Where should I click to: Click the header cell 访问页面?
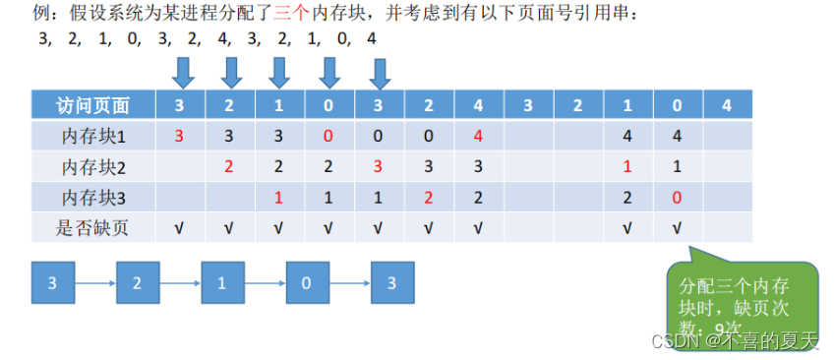93,105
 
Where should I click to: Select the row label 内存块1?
93,136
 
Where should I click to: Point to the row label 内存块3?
93,198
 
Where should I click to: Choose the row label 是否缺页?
93,228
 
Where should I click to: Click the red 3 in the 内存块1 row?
179,136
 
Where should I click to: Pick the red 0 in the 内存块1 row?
328,136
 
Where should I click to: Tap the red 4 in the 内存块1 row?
478,136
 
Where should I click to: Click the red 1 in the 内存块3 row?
278,198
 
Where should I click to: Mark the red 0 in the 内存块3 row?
677,198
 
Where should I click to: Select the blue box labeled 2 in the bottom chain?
138,282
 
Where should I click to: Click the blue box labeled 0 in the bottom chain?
307,282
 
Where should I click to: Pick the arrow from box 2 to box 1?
180,283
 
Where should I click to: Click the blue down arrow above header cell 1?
278,72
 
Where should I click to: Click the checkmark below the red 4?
478,229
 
